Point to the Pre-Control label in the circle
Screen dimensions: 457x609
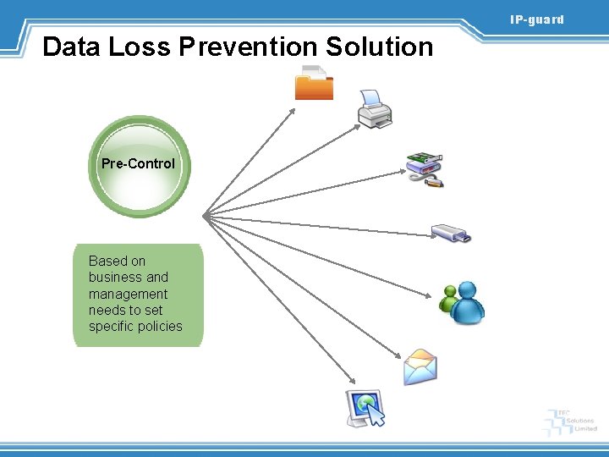(x=138, y=163)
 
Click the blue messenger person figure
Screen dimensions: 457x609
(x=467, y=303)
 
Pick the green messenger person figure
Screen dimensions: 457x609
(x=447, y=299)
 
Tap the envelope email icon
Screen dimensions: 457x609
(x=420, y=367)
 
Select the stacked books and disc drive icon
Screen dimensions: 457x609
(x=424, y=168)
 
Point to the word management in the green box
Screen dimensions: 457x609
(x=128, y=294)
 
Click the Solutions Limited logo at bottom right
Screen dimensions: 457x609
(x=573, y=421)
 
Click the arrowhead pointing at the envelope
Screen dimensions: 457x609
(x=398, y=356)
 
